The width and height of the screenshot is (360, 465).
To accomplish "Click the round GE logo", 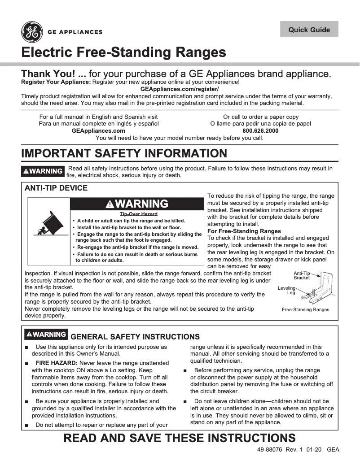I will [x=32, y=32].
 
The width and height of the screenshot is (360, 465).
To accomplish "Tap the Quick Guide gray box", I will [x=309, y=30].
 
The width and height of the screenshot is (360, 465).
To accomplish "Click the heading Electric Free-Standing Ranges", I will [x=123, y=52].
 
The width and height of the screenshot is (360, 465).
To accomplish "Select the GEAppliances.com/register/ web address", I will [x=180, y=89].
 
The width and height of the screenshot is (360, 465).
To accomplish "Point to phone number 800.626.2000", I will [x=260, y=130].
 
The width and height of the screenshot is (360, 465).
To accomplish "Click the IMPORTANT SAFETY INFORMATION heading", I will [x=124, y=153].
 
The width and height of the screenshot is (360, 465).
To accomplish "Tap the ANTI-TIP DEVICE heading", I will [x=56, y=188].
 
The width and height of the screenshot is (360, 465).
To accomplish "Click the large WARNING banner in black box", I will [x=137, y=204].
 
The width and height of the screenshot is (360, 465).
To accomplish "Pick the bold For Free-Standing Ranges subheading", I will [x=244, y=231].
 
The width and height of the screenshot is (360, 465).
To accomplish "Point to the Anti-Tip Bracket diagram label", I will [x=302, y=275].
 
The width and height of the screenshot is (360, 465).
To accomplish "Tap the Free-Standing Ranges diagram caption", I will [x=305, y=309].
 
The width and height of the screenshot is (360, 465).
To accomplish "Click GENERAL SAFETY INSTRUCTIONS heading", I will [x=135, y=337].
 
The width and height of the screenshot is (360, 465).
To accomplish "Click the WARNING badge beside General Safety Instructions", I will [x=46, y=335].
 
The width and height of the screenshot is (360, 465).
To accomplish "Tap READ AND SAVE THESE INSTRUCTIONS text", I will [x=180, y=438].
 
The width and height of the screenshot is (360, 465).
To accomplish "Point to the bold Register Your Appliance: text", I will [x=56, y=82].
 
